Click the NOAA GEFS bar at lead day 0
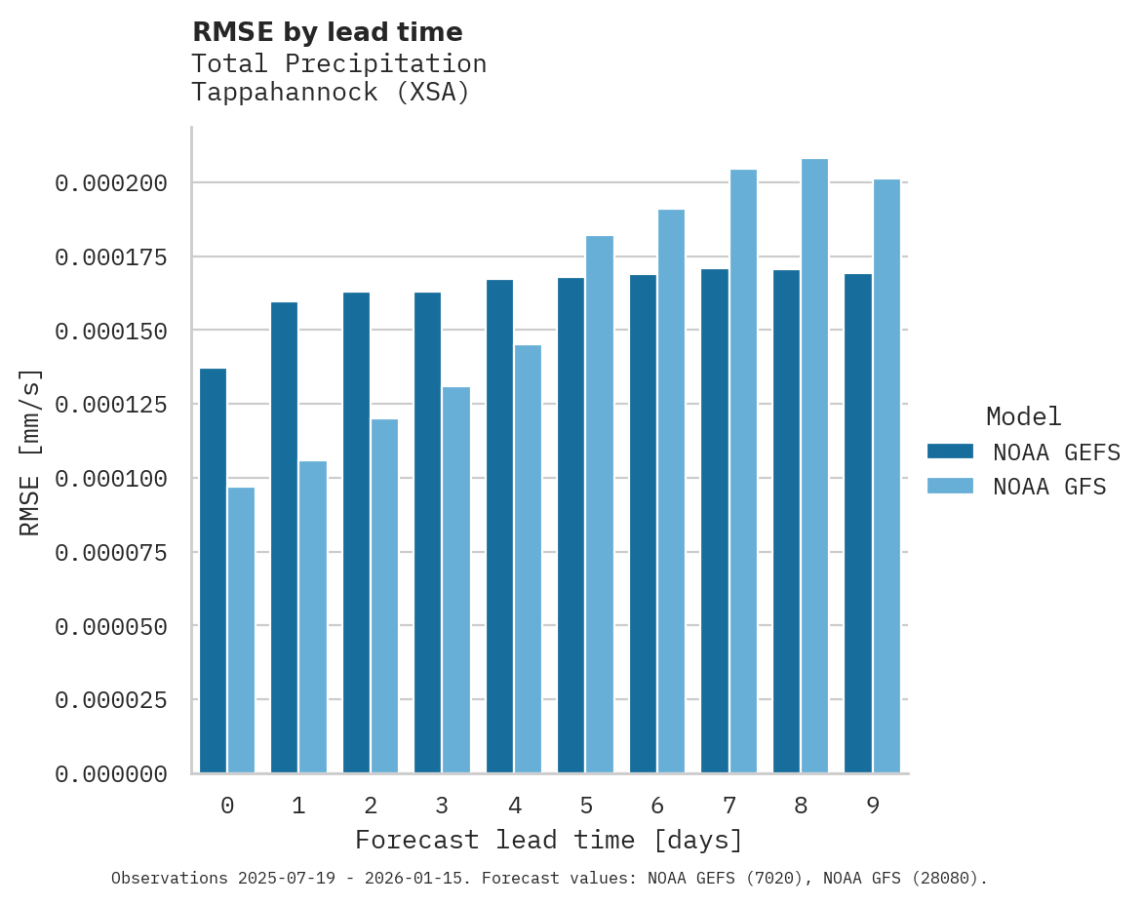tap(213, 571)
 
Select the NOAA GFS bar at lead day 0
tap(241, 630)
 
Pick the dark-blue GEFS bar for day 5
tap(571, 526)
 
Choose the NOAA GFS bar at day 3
tap(456, 580)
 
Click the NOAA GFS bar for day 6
tap(671, 492)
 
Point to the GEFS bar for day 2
tap(356, 532)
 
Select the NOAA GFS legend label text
tap(1049, 487)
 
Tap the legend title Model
tap(1023, 416)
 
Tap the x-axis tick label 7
tap(729, 806)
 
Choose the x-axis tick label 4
tap(514, 806)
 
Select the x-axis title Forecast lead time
tap(549, 840)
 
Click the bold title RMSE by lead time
tap(327, 32)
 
